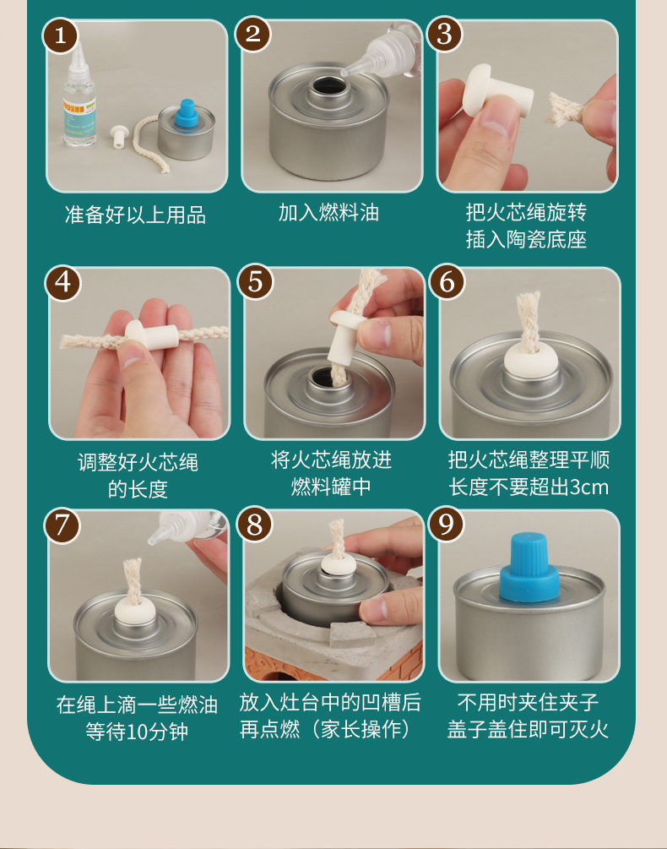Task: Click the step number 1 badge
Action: coord(61,35)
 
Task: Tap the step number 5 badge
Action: coord(255,281)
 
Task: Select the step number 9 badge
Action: coord(446,524)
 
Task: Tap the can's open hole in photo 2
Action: coord(328,85)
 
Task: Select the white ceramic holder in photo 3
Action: coord(496,91)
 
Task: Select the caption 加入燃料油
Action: coord(328,213)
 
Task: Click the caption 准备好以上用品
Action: coord(135,215)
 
